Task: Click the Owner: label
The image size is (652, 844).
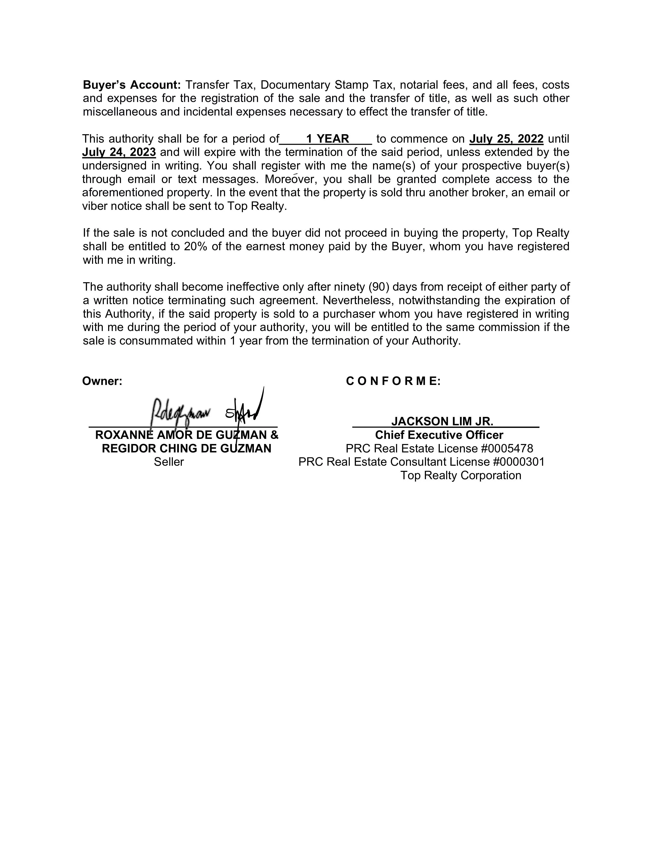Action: (x=102, y=381)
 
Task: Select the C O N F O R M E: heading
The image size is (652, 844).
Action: (x=393, y=381)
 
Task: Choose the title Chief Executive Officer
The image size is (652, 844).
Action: (x=439, y=435)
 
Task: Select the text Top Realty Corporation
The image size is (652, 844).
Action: (x=461, y=475)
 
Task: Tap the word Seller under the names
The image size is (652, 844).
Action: (x=169, y=462)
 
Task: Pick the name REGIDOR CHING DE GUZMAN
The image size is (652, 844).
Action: (x=186, y=448)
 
